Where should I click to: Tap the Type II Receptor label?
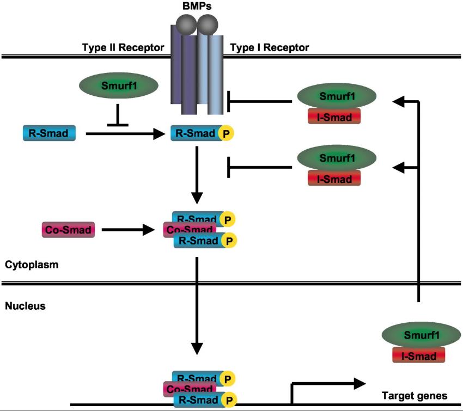point(122,48)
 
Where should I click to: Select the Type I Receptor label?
point(270,48)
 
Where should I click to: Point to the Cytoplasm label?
point(32,265)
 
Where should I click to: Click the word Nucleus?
point(25,306)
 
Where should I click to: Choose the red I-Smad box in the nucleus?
point(418,355)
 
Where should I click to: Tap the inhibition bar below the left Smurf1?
point(118,117)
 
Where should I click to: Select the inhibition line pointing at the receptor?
point(259,101)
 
